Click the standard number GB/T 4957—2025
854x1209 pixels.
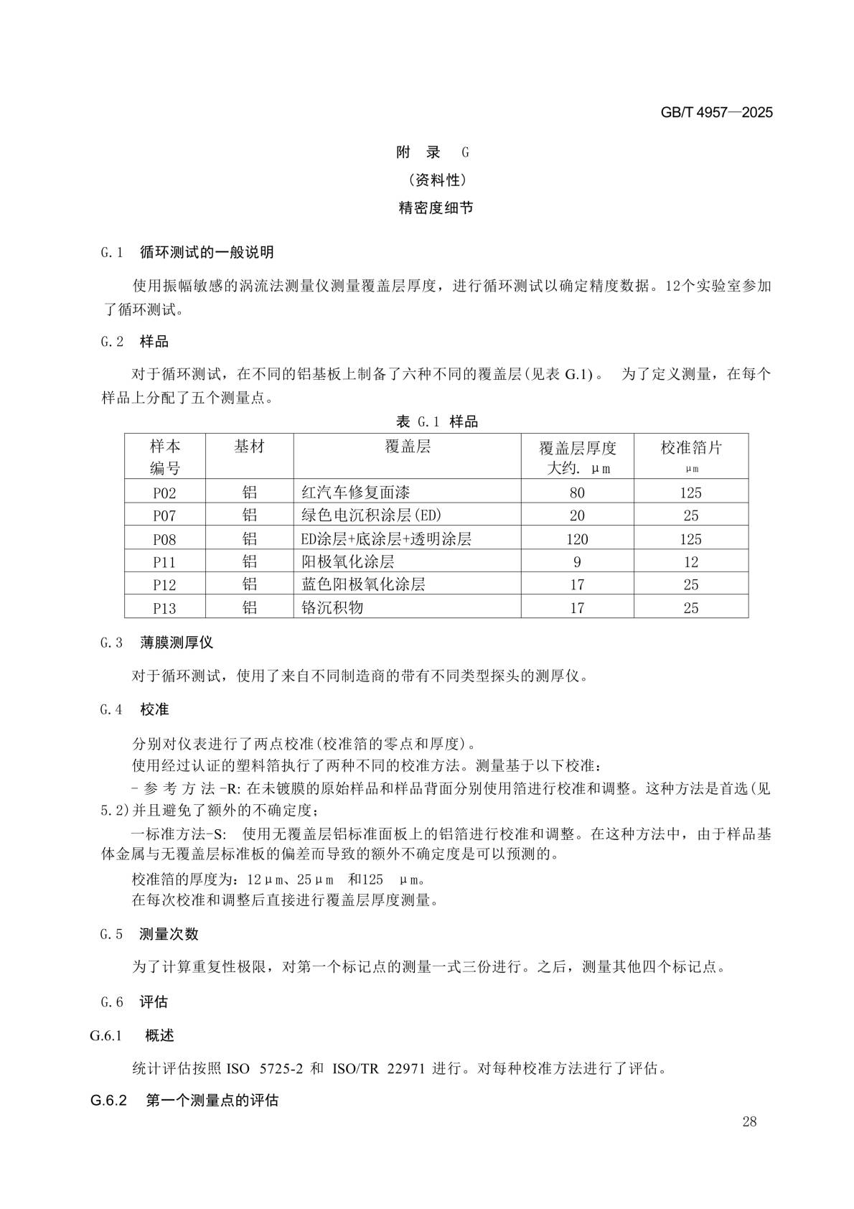click(715, 113)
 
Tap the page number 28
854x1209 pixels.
click(749, 1122)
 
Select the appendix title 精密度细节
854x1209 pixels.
click(436, 208)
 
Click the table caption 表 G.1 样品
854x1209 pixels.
click(436, 421)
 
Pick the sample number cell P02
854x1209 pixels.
click(164, 493)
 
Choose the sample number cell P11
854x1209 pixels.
click(164, 561)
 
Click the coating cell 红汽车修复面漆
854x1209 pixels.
click(356, 493)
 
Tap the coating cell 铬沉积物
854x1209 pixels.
click(332, 607)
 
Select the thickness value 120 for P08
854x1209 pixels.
click(577, 538)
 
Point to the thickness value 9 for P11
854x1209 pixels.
click(577, 561)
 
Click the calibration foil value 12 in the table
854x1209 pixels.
click(690, 561)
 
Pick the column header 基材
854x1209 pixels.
click(249, 447)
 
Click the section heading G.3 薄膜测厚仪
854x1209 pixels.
click(157, 643)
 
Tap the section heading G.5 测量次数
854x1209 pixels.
click(149, 934)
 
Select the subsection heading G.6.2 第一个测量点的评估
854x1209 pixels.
click(184, 1100)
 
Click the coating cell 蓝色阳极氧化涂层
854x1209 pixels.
click(364, 584)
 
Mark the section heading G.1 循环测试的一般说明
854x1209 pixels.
click(187, 252)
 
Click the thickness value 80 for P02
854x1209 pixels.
click(577, 493)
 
